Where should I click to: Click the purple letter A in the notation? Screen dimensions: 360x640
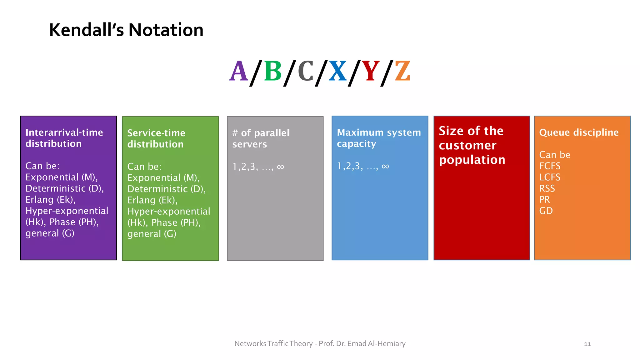tap(239, 72)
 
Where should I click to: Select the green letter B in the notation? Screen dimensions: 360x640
tap(273, 72)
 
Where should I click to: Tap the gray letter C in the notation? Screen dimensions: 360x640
tap(305, 72)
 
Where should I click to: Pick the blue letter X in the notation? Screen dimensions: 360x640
tap(337, 72)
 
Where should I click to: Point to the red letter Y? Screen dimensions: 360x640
tap(370, 72)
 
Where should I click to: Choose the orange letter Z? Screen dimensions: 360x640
tap(402, 72)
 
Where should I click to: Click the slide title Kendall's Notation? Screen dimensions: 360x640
tap(126, 30)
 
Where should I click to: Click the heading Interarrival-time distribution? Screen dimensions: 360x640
tap(64, 138)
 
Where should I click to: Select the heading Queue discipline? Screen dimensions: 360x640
tap(579, 132)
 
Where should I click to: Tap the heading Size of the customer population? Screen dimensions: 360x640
tap(472, 145)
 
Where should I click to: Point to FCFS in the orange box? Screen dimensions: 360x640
tap(550, 166)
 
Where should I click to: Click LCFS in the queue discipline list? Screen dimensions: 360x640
tap(550, 177)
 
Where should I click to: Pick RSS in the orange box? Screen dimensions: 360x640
tap(547, 188)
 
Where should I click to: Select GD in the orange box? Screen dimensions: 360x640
tap(546, 211)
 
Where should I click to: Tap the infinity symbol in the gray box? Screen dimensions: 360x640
tap(280, 167)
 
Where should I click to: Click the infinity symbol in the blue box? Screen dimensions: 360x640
tap(385, 166)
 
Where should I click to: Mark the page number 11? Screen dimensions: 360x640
tap(587, 344)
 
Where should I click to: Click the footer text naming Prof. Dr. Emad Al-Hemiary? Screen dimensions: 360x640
tap(320, 344)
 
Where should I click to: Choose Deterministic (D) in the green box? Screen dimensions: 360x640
tap(166, 189)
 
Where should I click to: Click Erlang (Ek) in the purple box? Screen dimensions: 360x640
tap(50, 200)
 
